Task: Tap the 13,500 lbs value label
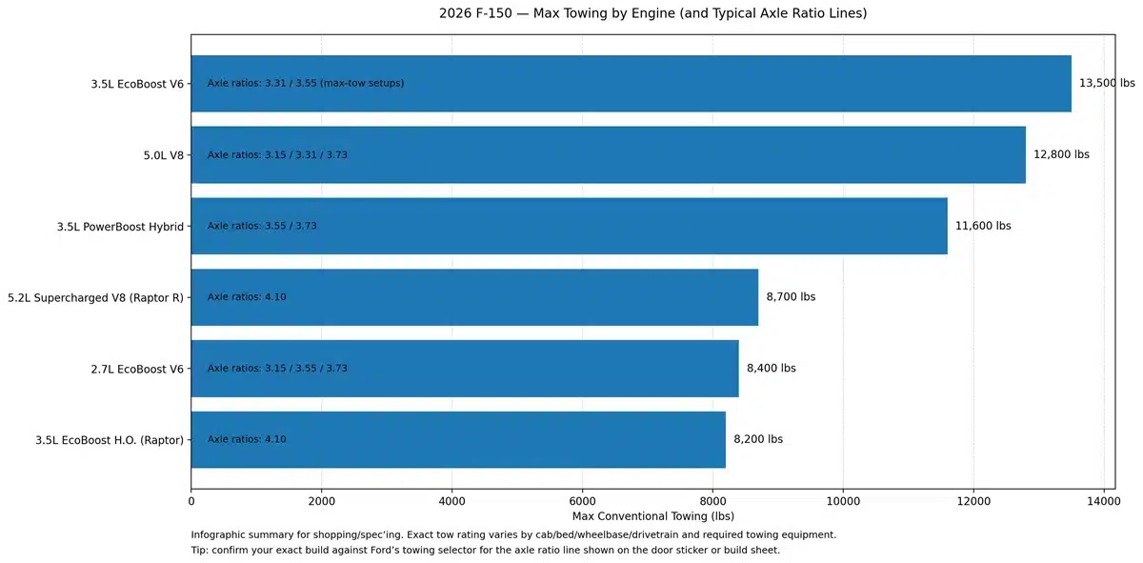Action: (x=1107, y=83)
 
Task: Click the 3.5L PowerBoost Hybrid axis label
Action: (x=120, y=226)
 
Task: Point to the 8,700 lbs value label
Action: (x=791, y=297)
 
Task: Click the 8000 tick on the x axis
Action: (x=712, y=499)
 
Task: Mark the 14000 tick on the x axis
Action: (x=1103, y=499)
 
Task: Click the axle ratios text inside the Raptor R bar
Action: (x=247, y=297)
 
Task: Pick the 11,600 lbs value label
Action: (x=983, y=226)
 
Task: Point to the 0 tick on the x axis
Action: (x=191, y=499)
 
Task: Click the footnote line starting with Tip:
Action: (x=486, y=551)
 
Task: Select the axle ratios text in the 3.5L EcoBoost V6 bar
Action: (x=306, y=83)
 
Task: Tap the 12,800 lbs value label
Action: (x=1061, y=154)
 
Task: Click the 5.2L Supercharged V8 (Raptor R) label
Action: (x=94, y=297)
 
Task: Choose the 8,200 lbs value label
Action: (x=758, y=440)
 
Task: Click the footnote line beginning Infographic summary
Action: (x=513, y=534)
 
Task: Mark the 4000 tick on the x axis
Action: (x=451, y=499)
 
